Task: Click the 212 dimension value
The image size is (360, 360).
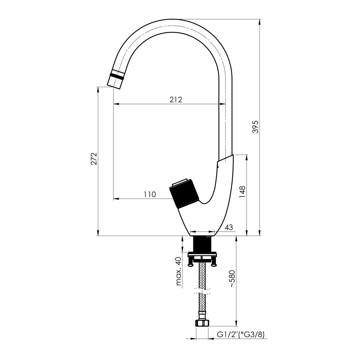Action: coord(176,99)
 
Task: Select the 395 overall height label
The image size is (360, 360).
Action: coord(256,126)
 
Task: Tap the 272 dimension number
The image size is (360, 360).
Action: coord(94,159)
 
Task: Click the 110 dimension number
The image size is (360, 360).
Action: coord(150,194)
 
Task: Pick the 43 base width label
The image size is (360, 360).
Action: coord(229,227)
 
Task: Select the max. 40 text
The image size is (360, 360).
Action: coord(178,271)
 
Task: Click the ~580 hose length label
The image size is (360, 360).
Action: coord(232,278)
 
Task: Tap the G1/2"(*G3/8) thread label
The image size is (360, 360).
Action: coord(241,334)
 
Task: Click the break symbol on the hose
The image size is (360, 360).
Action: coord(202,291)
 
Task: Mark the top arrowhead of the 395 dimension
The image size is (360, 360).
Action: coord(259,22)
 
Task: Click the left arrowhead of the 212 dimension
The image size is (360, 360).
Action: coord(116,104)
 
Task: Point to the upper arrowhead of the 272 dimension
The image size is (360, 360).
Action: coord(98,90)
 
